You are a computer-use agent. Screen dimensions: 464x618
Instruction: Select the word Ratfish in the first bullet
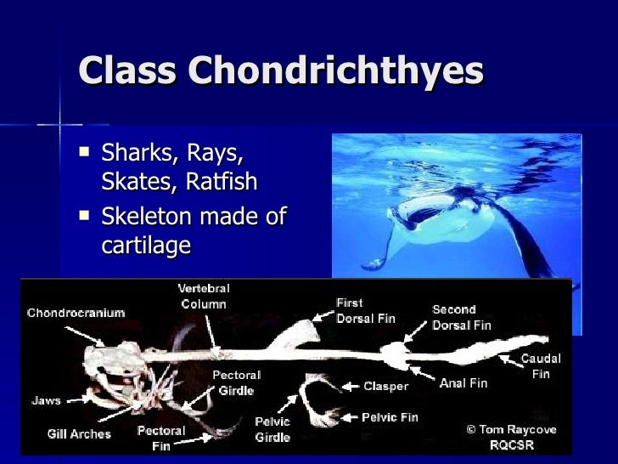[222, 183]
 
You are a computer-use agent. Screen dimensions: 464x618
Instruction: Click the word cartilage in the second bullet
[146, 245]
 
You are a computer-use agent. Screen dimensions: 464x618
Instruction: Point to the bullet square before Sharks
[83, 154]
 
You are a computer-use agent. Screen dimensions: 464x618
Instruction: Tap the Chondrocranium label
[76, 313]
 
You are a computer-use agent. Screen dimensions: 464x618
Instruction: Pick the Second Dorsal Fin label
[462, 317]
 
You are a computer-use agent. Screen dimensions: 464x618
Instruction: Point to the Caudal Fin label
[540, 365]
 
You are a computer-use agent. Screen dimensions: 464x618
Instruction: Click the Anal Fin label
[463, 383]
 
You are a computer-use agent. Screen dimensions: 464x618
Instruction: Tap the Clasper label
[385, 386]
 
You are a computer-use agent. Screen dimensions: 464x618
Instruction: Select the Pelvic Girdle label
[272, 429]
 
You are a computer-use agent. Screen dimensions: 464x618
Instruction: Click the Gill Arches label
[79, 434]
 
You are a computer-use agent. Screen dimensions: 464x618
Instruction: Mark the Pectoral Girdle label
[236, 382]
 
